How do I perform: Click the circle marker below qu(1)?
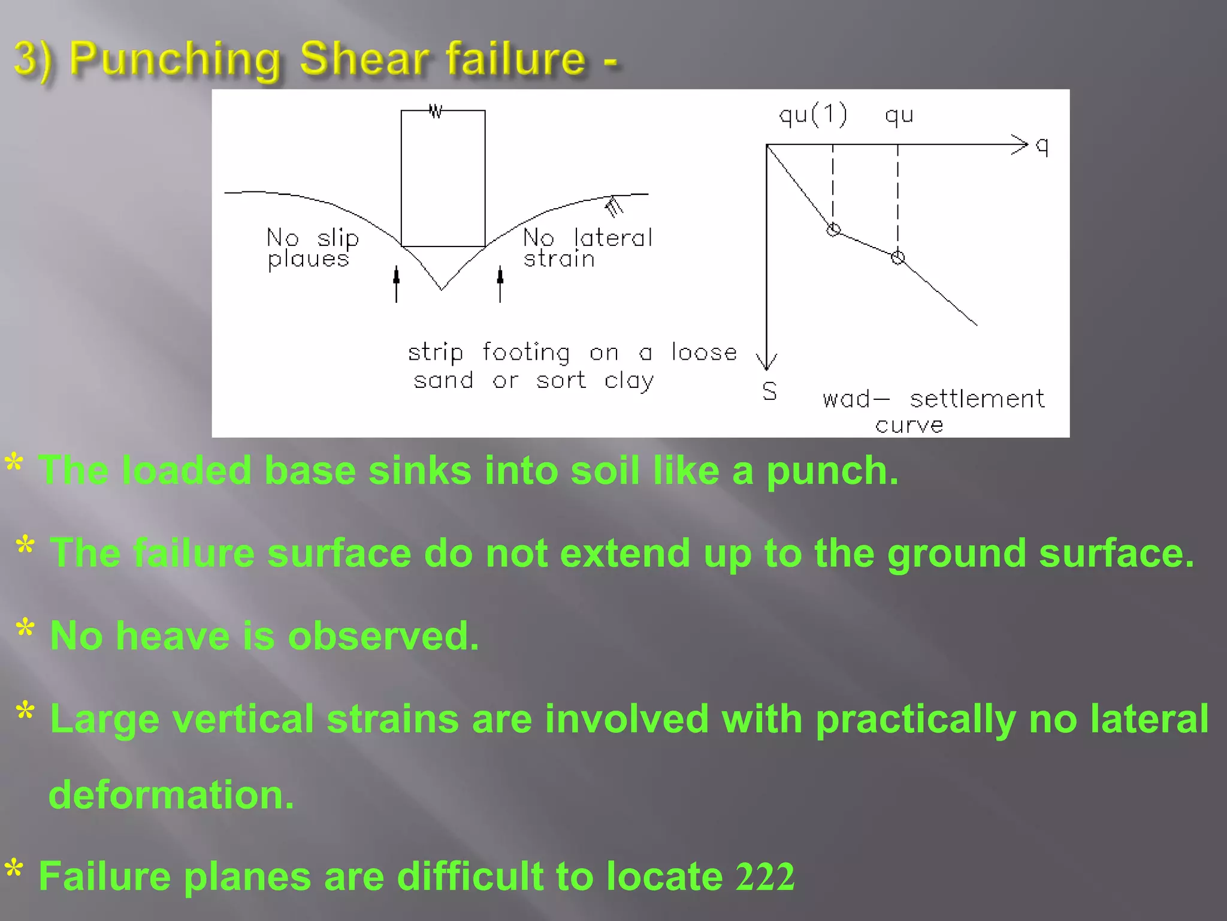pyautogui.click(x=833, y=230)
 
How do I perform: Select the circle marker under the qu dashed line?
pyautogui.click(x=897, y=258)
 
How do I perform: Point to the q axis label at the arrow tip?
pyautogui.click(x=1042, y=146)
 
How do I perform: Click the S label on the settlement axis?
pyautogui.click(x=770, y=392)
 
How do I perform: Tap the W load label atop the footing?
pyautogui.click(x=436, y=112)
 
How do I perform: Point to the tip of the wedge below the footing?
pyautogui.click(x=442, y=289)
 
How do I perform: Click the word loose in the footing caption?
pyautogui.click(x=704, y=352)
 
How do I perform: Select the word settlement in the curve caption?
pyautogui.click(x=977, y=399)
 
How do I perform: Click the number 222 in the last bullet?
pyautogui.click(x=765, y=877)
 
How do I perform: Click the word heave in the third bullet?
pyautogui.click(x=173, y=636)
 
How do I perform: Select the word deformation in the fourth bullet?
pyautogui.click(x=171, y=795)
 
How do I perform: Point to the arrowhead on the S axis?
pyautogui.click(x=766, y=362)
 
